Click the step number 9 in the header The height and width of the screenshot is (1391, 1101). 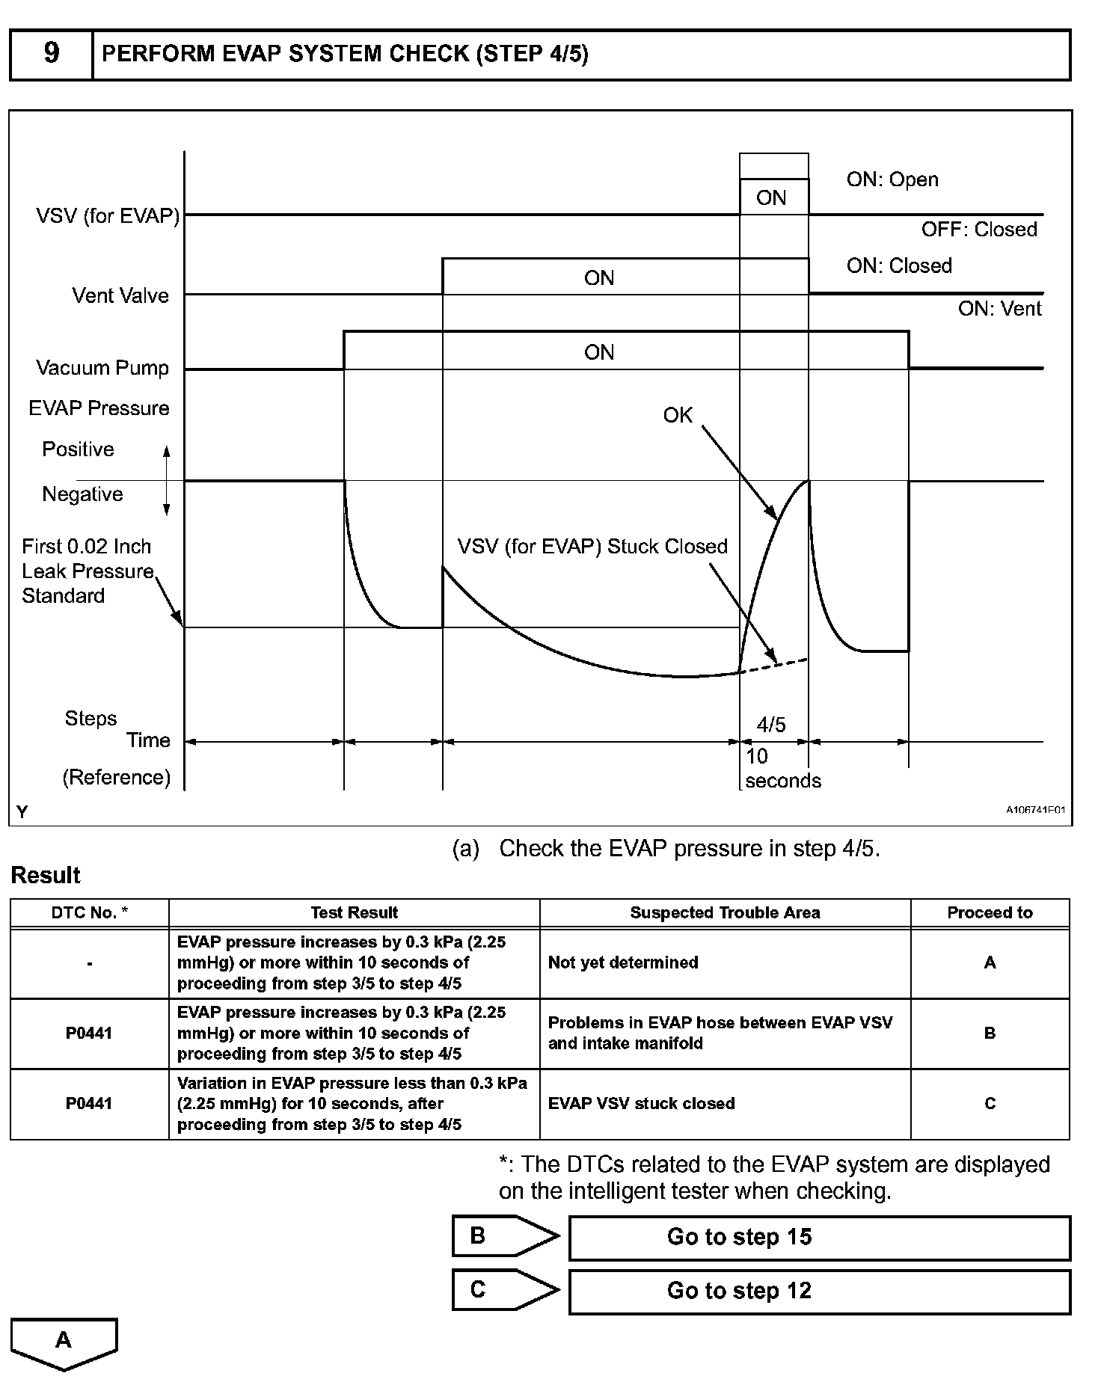click(x=51, y=53)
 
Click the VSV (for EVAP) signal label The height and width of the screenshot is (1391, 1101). click(x=108, y=216)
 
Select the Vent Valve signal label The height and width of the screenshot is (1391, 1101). click(x=120, y=295)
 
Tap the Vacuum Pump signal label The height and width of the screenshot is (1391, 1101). click(x=102, y=368)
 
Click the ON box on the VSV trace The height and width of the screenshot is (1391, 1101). click(x=772, y=197)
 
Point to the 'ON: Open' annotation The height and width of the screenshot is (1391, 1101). click(x=892, y=179)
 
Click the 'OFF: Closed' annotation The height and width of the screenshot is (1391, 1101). click(x=979, y=229)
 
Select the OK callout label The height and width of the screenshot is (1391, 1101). click(x=678, y=415)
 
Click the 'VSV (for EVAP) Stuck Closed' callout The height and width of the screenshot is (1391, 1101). click(x=592, y=546)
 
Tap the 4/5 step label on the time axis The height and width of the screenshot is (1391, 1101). click(x=771, y=724)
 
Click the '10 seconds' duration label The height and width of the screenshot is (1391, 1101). click(x=782, y=769)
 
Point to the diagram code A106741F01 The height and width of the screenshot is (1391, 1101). click(x=1035, y=810)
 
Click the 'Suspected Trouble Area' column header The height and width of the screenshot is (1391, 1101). click(x=725, y=912)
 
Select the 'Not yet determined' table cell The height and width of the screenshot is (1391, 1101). click(x=623, y=962)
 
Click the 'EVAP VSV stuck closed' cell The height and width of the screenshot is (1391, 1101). click(x=641, y=1103)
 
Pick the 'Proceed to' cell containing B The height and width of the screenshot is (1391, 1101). click(x=990, y=1033)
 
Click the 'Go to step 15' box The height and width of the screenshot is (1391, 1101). click(x=820, y=1237)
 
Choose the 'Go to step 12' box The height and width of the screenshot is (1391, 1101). click(x=820, y=1291)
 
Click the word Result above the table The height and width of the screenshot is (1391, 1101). click(x=46, y=875)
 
